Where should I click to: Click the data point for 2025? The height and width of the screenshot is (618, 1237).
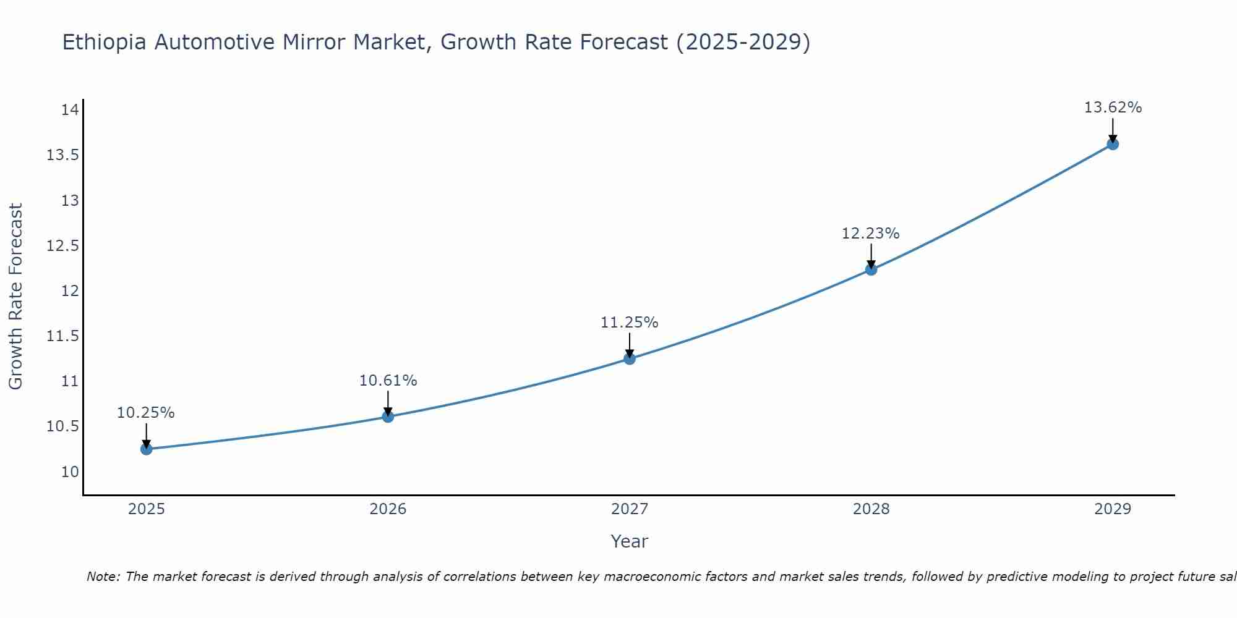tap(147, 449)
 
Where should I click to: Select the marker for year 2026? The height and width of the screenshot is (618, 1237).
tap(388, 417)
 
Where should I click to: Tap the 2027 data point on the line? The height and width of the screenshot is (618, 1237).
tap(630, 358)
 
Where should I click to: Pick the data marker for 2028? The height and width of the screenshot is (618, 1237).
tap(871, 269)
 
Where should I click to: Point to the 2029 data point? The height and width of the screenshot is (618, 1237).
tap(1113, 144)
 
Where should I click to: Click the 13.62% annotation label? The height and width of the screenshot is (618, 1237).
tap(1113, 108)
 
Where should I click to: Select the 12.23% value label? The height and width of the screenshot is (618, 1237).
tap(870, 234)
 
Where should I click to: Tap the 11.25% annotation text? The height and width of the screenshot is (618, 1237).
tap(629, 323)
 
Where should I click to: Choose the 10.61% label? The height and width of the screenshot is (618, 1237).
tap(388, 381)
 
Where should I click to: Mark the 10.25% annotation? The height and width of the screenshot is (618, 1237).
tap(146, 413)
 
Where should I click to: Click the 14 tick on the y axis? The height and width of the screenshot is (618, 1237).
tap(70, 110)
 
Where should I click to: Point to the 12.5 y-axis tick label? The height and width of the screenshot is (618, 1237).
tap(63, 246)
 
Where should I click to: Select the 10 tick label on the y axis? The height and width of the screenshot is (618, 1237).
tap(70, 472)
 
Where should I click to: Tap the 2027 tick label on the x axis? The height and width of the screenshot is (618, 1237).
tap(630, 509)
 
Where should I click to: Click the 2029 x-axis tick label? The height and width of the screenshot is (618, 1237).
tap(1113, 509)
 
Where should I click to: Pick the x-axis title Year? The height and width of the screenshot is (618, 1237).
tap(629, 541)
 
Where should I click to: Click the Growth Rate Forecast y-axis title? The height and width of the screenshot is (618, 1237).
tap(15, 297)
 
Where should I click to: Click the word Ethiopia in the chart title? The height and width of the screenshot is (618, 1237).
tap(105, 43)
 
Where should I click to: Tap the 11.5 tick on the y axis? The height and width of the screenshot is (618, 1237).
tap(63, 336)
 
